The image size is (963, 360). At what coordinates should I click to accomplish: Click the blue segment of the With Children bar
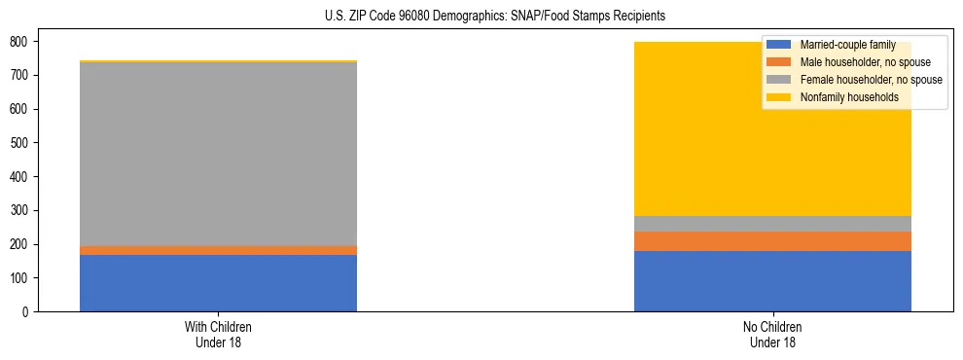[x=218, y=283]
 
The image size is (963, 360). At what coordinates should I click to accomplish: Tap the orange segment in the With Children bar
[x=218, y=250]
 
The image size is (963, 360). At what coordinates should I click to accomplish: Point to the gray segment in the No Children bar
[x=772, y=224]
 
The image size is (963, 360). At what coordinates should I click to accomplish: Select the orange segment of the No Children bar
[x=772, y=241]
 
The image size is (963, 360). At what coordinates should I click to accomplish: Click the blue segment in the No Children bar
[x=772, y=281]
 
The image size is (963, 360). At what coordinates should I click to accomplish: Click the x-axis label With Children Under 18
[x=218, y=334]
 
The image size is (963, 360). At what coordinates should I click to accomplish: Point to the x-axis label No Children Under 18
[x=772, y=334]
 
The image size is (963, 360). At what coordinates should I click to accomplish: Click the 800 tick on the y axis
[x=20, y=42]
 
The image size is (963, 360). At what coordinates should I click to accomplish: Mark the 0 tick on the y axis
[x=26, y=311]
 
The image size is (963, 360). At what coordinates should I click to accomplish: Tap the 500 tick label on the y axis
[x=20, y=143]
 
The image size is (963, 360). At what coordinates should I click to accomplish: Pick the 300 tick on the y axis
[x=20, y=210]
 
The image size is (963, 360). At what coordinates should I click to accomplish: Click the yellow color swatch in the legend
[x=778, y=97]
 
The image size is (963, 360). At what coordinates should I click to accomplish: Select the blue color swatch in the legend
[x=778, y=45]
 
